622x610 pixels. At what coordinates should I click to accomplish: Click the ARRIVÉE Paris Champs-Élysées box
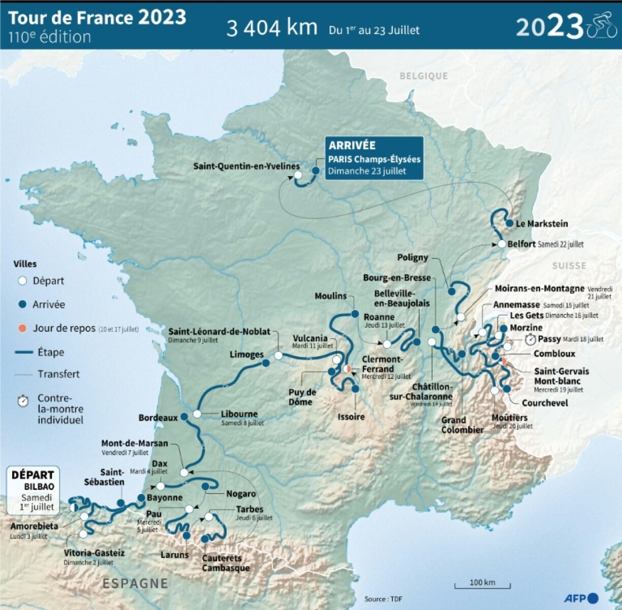pyautogui.click(x=374, y=158)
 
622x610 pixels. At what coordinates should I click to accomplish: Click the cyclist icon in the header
pyautogui.click(x=602, y=25)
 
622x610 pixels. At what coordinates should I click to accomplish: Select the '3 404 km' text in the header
pyautogui.click(x=272, y=28)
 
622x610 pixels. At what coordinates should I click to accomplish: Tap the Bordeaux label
pyautogui.click(x=158, y=418)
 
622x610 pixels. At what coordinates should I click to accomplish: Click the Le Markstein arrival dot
pyautogui.click(x=510, y=223)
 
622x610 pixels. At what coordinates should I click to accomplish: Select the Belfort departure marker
pyautogui.click(x=502, y=244)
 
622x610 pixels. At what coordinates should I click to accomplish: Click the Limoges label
pyautogui.click(x=246, y=354)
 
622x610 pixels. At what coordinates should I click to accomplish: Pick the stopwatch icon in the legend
pyautogui.click(x=23, y=400)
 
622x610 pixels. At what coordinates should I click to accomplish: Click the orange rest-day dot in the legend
pyautogui.click(x=22, y=328)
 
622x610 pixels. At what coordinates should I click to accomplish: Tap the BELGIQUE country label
pyautogui.click(x=424, y=76)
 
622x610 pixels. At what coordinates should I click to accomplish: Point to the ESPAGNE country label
pyautogui.click(x=135, y=583)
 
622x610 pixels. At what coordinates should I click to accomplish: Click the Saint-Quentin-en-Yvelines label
pyautogui.click(x=246, y=166)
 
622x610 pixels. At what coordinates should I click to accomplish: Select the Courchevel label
pyautogui.click(x=545, y=403)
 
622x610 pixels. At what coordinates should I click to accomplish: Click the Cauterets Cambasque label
pyautogui.click(x=226, y=563)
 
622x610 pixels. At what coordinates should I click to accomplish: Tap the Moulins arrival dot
pyautogui.click(x=354, y=314)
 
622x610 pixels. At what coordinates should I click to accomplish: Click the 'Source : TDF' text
pyautogui.click(x=383, y=599)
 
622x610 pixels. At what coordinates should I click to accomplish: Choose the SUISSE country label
pyautogui.click(x=569, y=266)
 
